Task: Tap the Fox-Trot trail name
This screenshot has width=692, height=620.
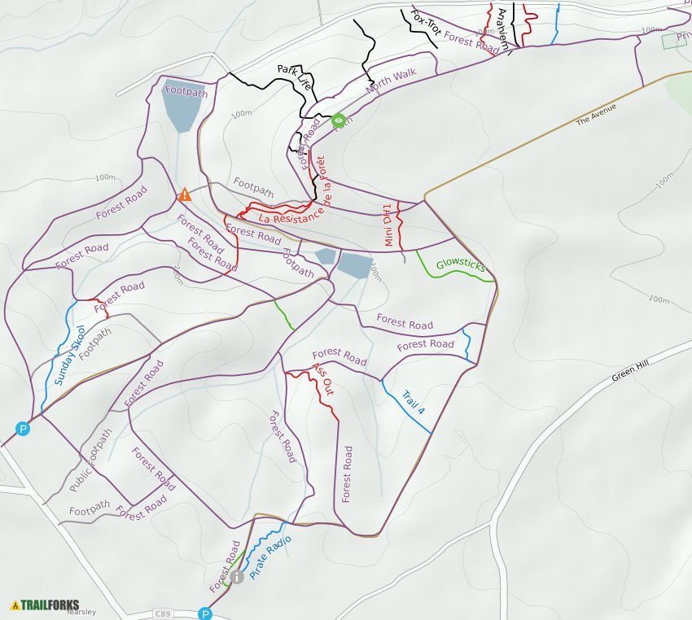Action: pos(426,23)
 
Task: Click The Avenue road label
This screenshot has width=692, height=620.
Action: pos(596,114)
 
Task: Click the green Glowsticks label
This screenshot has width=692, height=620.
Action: pos(461,264)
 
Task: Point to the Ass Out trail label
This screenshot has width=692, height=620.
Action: pos(324,381)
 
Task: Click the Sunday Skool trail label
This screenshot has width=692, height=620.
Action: pos(69,356)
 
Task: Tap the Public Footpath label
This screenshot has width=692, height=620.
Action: pos(90,460)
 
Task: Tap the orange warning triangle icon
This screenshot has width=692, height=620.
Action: pos(185,194)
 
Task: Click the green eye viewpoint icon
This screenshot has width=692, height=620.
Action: pos(339,120)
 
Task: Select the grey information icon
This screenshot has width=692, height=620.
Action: pos(237,577)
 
